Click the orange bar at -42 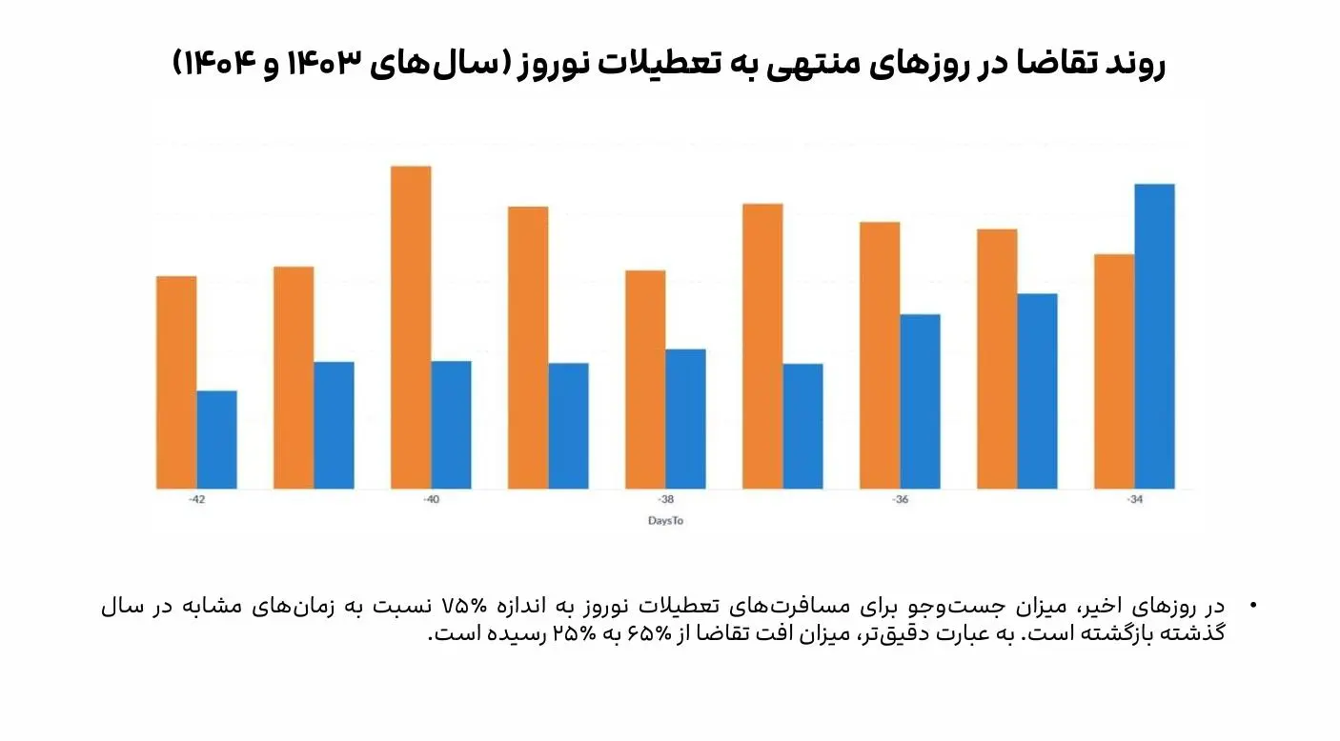click(x=176, y=382)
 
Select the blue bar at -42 click(x=216, y=439)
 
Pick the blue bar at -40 click(x=451, y=425)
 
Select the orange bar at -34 click(x=1114, y=371)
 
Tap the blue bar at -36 click(x=920, y=401)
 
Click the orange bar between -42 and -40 click(x=294, y=377)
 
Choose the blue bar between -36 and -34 click(x=1037, y=391)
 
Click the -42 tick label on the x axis click(x=196, y=500)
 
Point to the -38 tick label click(x=665, y=500)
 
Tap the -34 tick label click(x=1134, y=500)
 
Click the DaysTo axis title click(x=665, y=521)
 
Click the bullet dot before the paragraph click(x=1252, y=607)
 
